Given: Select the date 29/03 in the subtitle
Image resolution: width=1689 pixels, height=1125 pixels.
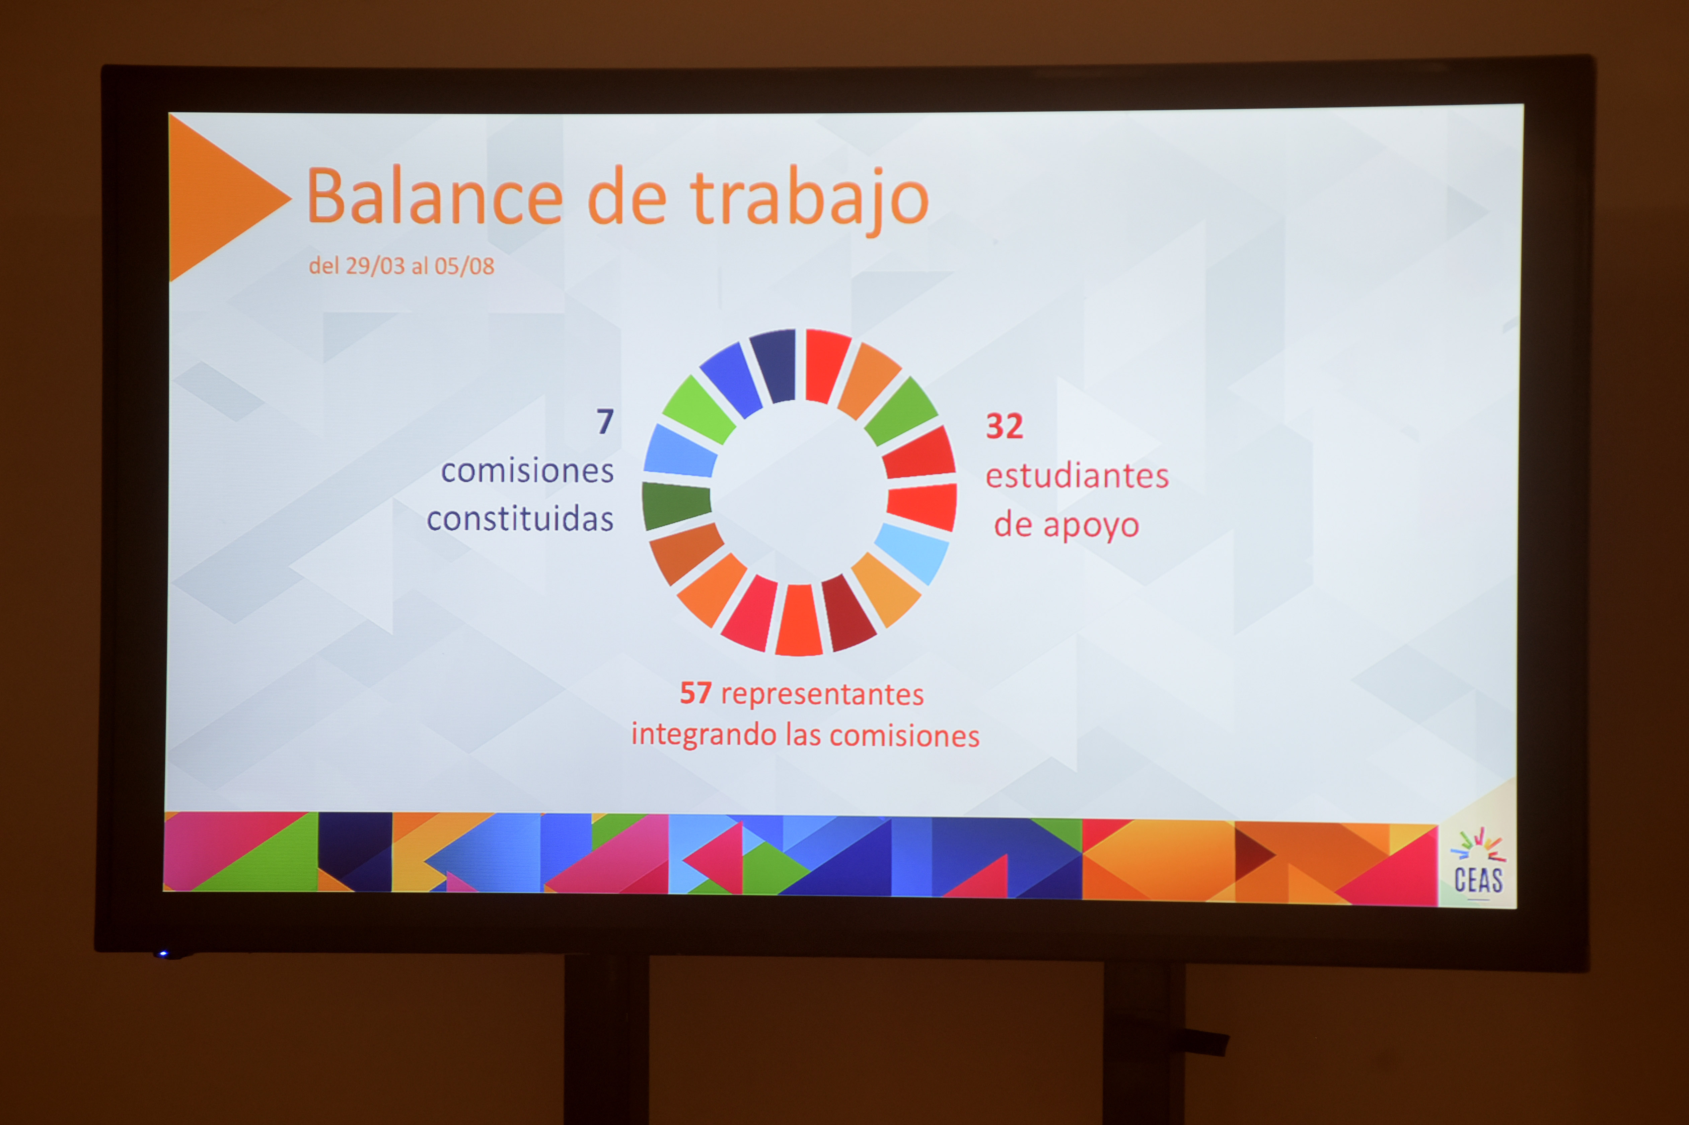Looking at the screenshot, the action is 375,266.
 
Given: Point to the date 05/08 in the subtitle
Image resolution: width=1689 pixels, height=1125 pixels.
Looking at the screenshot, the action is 464,266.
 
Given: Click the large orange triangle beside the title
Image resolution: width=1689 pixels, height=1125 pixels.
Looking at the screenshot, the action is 215,197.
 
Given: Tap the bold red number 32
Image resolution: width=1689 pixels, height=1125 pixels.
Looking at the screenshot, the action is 1004,426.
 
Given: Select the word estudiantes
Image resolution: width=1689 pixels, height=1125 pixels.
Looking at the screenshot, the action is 1077,476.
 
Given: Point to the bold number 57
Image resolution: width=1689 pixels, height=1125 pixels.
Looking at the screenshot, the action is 695,693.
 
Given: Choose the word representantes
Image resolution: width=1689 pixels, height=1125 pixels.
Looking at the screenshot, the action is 823,695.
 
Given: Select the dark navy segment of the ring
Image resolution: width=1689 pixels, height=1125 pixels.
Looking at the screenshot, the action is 774,365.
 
